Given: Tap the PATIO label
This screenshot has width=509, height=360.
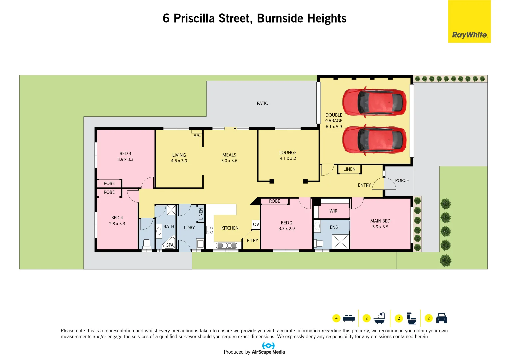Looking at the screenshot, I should coord(262,103).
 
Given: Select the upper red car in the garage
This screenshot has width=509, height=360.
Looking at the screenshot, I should coord(374,102).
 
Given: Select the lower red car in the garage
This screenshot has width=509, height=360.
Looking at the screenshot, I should coord(374,140).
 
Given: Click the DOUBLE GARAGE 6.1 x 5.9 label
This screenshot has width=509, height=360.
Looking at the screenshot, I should coord(334,121).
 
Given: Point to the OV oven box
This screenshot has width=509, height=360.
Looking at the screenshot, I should coord(256,224).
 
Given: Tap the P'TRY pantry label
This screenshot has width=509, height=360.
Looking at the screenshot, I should coord(252,240).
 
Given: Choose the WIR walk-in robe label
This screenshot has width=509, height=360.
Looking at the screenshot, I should coord(333,211).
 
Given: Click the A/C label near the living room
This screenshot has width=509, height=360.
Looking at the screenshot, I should coord(197,135).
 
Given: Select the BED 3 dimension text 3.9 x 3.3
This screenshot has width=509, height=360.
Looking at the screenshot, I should coord(125,159).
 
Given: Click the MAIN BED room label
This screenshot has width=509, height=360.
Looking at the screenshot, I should coord(380,221).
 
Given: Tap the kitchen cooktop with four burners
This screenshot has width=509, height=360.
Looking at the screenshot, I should coord(210,230).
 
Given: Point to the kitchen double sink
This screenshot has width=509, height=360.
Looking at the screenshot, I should coord(227,246).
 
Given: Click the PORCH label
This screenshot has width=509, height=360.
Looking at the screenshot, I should coord(402,180).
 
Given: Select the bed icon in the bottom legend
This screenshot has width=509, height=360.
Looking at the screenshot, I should coord(349,318).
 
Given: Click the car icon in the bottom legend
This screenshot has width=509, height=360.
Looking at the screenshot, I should coord(441,318).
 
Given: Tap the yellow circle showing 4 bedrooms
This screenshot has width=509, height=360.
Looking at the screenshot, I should coord(336,318).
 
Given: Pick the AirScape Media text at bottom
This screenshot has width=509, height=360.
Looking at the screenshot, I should coord(268,352).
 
